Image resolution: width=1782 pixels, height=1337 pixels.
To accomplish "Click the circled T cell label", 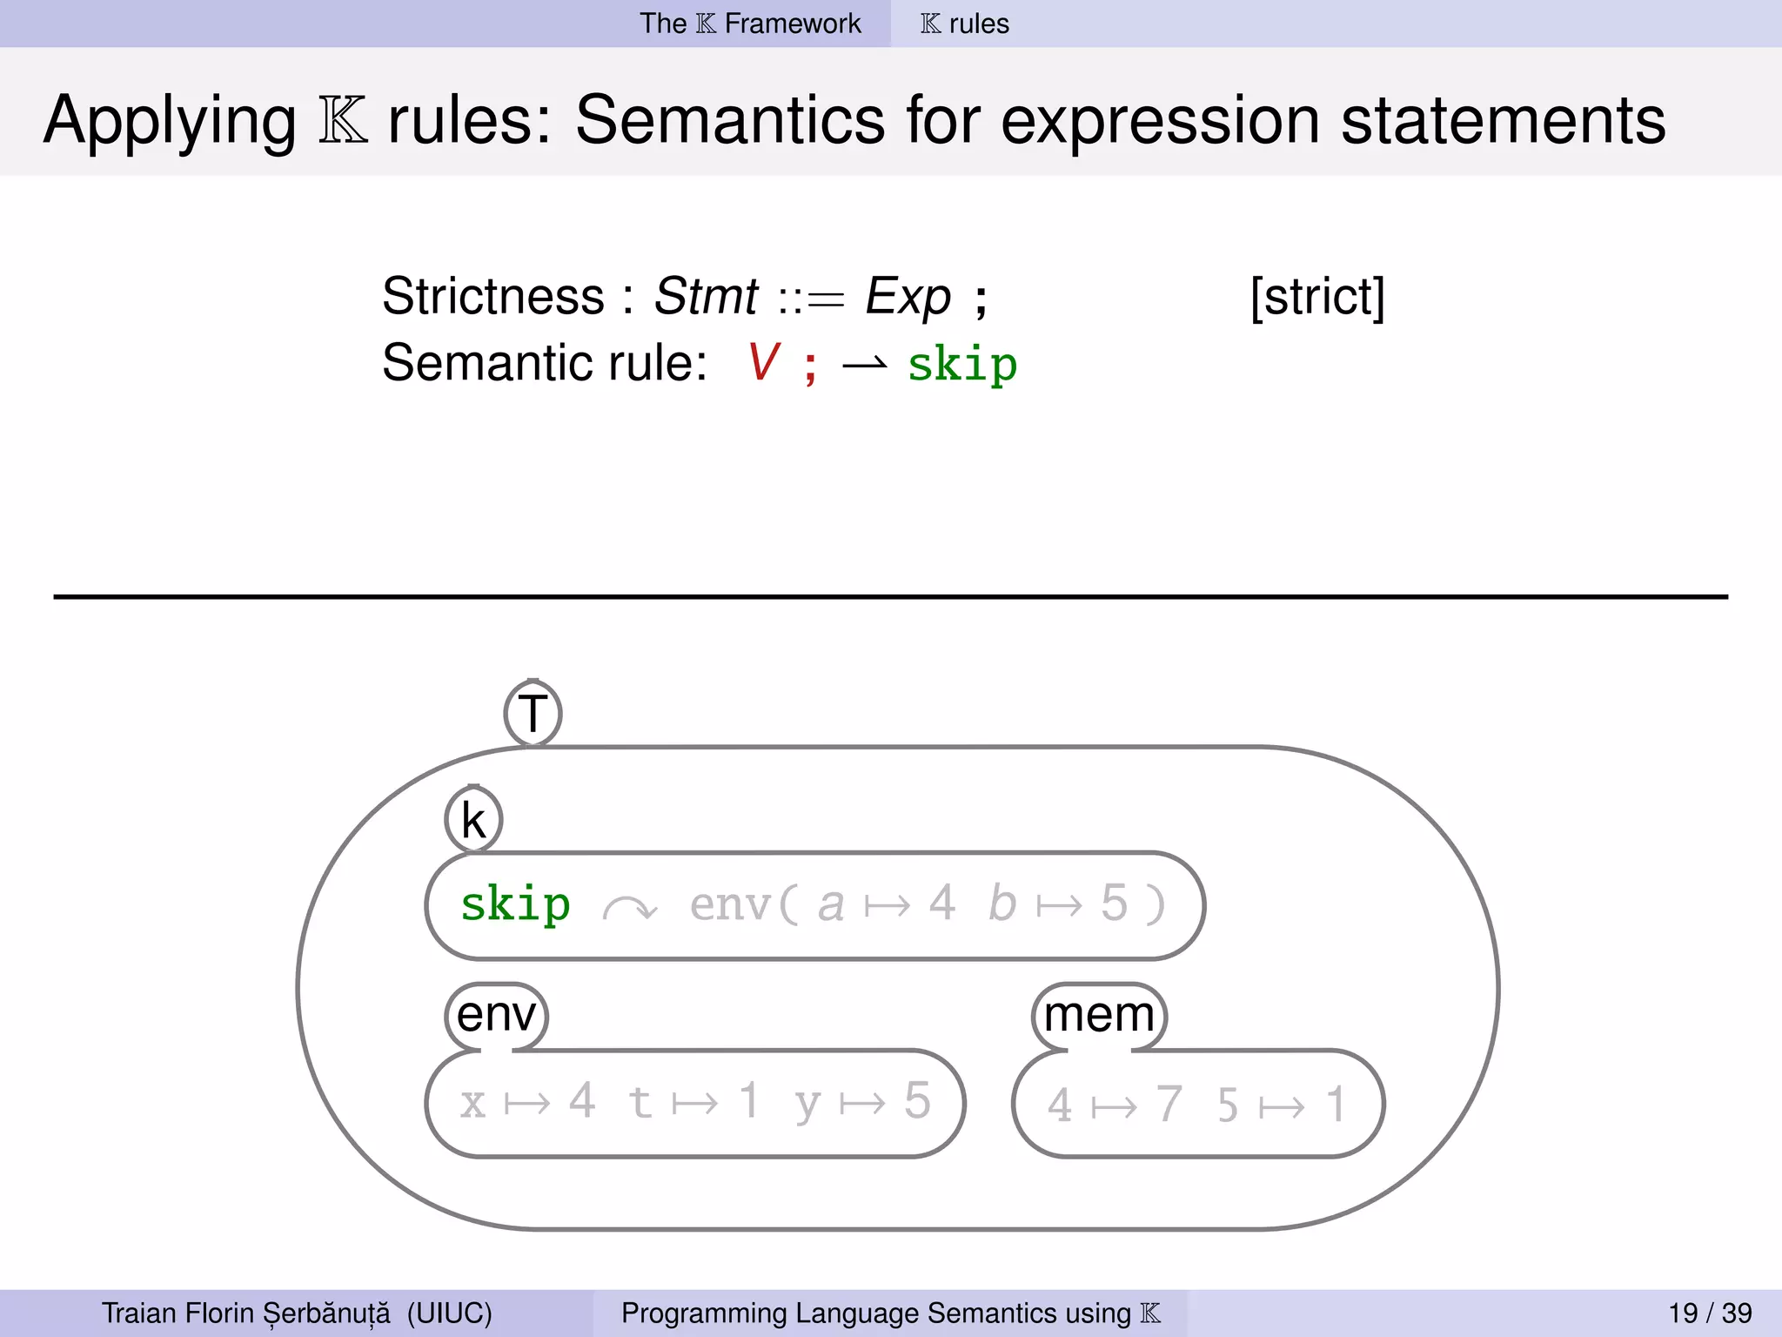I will point(533,714).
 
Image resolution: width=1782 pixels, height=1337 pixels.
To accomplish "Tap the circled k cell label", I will point(473,820).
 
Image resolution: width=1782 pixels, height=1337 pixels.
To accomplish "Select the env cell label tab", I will point(496,1015).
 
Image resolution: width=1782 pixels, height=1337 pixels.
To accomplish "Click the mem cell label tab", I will point(1099,1015).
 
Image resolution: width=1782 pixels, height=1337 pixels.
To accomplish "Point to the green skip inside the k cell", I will point(515,904).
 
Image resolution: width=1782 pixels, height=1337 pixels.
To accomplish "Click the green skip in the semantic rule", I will point(961,364).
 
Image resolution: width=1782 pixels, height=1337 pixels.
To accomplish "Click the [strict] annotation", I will point(1316,298).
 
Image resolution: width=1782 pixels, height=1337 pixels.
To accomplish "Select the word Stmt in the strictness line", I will point(706,297).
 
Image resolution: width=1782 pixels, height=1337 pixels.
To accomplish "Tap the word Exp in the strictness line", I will point(908,297).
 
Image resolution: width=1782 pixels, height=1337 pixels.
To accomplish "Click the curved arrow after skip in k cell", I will point(630,909).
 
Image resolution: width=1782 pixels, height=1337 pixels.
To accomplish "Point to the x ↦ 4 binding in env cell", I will point(527,1102).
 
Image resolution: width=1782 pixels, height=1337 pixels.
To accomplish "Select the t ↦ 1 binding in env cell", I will point(693,1102).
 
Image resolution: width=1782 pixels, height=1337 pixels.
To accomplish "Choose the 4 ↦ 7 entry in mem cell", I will point(1114,1105).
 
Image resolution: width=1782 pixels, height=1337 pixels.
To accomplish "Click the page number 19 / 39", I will point(1710,1313).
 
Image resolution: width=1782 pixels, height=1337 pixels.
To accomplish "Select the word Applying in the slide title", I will point(171,122).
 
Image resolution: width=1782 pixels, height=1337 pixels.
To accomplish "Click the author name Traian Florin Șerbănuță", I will point(246,1313).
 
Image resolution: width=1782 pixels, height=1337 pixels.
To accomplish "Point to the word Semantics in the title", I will point(730,120).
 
